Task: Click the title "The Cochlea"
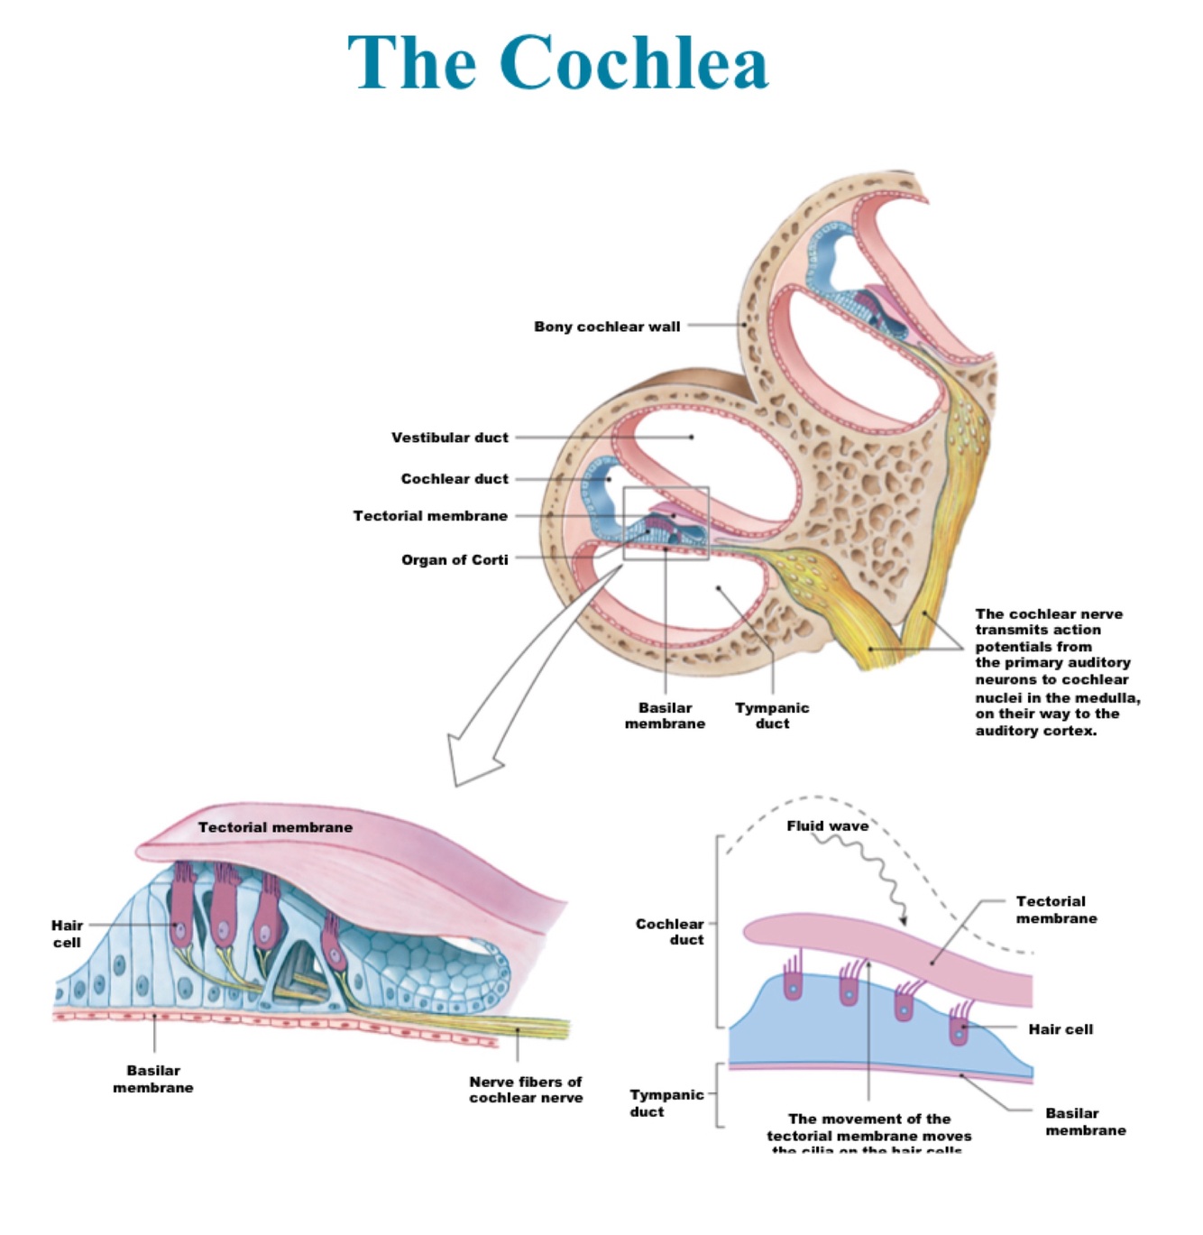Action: coord(557,63)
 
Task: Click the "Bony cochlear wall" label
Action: coord(607,327)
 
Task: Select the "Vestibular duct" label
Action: coord(449,438)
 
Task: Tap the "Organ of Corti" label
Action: coord(455,560)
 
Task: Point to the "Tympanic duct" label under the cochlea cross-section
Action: coord(772,715)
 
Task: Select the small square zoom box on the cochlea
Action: coord(666,523)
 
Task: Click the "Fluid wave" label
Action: coord(827,825)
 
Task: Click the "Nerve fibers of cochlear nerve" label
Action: coord(526,1090)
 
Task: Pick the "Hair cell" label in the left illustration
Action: coord(67,934)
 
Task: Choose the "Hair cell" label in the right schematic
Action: coord(1061,1029)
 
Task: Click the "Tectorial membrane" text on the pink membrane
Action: coord(275,827)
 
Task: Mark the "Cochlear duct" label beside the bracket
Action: coord(669,931)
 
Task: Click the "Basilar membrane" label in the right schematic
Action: coord(1086,1121)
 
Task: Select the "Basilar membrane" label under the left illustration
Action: coord(153,1079)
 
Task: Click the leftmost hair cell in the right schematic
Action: coord(793,983)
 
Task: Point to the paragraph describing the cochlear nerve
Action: coord(1057,672)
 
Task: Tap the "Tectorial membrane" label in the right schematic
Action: coord(1056,909)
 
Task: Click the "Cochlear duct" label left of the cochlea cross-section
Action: coord(455,479)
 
